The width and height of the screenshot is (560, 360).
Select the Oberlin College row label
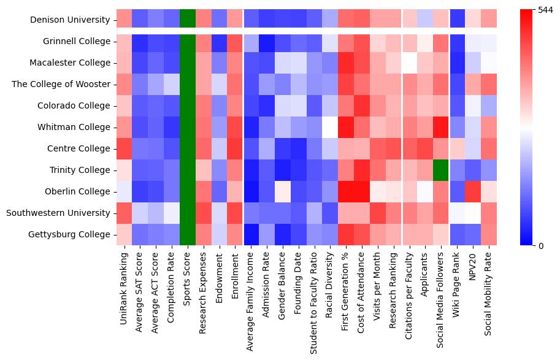coord(78,191)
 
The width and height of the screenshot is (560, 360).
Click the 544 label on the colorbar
coord(546,10)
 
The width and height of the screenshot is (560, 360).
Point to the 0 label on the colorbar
coord(540,246)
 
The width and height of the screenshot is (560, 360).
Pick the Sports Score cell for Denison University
coord(188,20)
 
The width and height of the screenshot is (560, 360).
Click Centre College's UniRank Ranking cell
coord(125,148)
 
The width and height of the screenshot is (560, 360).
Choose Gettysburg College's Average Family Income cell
coord(251,234)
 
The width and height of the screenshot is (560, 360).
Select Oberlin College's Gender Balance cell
coord(283,191)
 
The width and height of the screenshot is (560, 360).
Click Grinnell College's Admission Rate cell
coord(267,41)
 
